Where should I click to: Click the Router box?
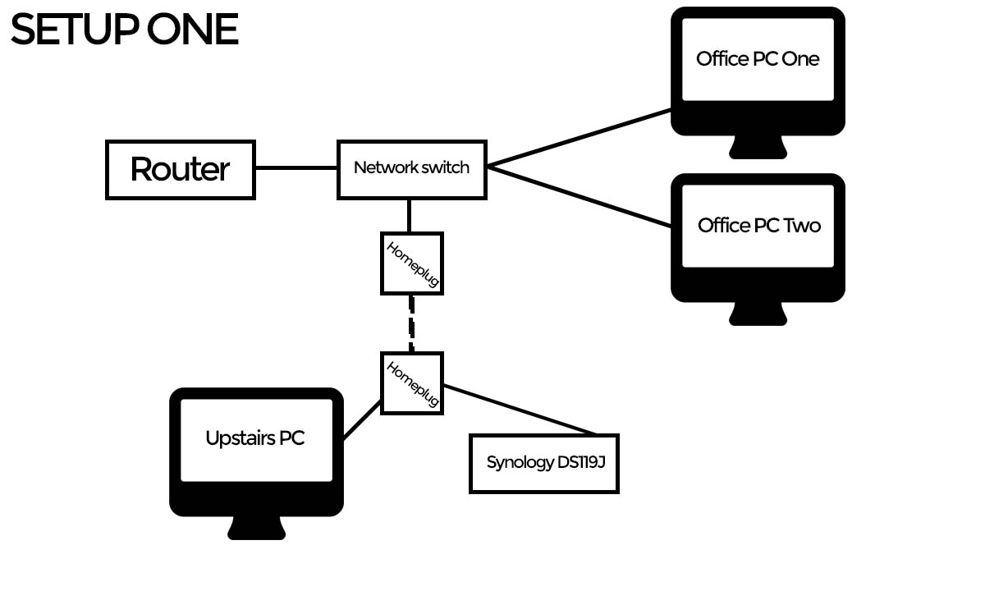181,170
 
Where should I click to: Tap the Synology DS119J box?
543,464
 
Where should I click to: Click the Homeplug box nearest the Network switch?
412,263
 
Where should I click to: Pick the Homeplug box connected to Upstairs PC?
412,383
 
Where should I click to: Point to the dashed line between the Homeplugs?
412,323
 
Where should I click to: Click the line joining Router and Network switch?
296,168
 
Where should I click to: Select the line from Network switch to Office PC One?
579,138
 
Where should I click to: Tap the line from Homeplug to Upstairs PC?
362,419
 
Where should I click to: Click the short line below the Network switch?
409,216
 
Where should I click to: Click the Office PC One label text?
758,59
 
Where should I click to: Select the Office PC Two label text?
758,226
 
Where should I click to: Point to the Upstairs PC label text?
254,438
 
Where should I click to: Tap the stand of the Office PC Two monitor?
758,313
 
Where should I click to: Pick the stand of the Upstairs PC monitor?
256,527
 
